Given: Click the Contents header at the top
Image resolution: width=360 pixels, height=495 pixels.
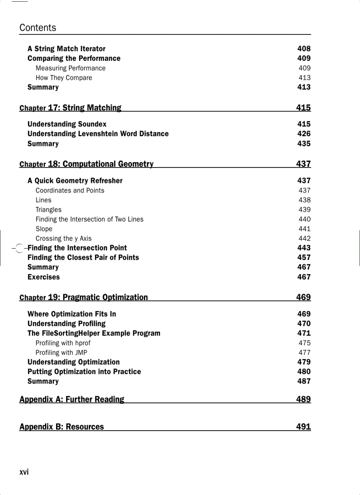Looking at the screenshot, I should pyautogui.click(x=37, y=28).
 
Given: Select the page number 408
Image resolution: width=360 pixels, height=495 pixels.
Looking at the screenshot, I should pyautogui.click(x=304, y=48).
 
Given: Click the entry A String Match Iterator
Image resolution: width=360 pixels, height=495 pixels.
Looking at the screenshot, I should pyautogui.click(x=66, y=48).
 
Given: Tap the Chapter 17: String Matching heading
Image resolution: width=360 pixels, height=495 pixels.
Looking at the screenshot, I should pyautogui.click(x=71, y=108).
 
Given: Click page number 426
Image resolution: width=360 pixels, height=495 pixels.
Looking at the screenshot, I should pyautogui.click(x=304, y=134).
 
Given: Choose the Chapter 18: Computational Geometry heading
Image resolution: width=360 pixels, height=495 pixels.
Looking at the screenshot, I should pyautogui.click(x=86, y=164).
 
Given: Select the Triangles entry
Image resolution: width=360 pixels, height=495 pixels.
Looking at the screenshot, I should pyautogui.click(x=49, y=210).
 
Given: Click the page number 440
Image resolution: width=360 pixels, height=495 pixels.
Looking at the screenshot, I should pyautogui.click(x=304, y=219).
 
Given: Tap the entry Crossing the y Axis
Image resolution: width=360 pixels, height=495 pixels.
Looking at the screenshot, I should pyautogui.click(x=64, y=238).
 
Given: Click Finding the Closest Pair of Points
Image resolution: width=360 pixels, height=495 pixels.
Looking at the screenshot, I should pyautogui.click(x=83, y=257).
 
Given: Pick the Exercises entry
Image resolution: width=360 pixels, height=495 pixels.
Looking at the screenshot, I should pyautogui.click(x=43, y=277).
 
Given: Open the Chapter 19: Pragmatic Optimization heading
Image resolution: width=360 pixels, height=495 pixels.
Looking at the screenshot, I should pyautogui.click(x=84, y=297).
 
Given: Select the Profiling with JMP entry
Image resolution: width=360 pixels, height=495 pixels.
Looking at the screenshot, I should pyautogui.click(x=61, y=353).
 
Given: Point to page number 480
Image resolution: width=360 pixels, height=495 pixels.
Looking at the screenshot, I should pyautogui.click(x=304, y=372).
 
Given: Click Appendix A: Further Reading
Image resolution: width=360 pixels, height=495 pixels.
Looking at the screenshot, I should pyautogui.click(x=72, y=399).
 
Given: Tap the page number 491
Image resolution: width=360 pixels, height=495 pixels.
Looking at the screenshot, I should pyautogui.click(x=304, y=427).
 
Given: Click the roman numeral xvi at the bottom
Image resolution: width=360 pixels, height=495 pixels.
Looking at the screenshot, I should pyautogui.click(x=24, y=472).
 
